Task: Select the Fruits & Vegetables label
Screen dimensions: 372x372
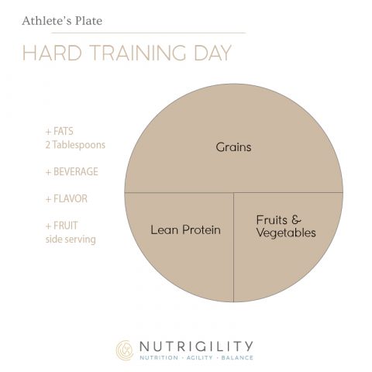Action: click(285, 225)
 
